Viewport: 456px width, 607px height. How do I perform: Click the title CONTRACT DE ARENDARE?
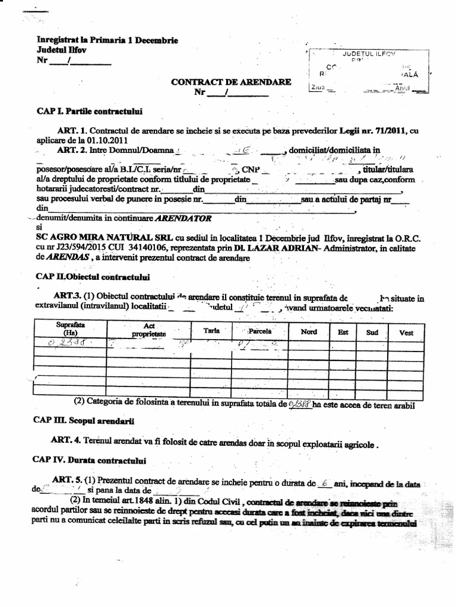(231, 82)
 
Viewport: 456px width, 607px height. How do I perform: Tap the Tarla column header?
(212, 330)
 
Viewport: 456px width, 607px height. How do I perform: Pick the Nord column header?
(309, 332)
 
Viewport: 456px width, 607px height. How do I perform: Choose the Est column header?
(343, 332)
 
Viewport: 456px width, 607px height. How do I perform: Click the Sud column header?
(372, 333)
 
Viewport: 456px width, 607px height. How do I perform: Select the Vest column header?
(406, 333)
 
